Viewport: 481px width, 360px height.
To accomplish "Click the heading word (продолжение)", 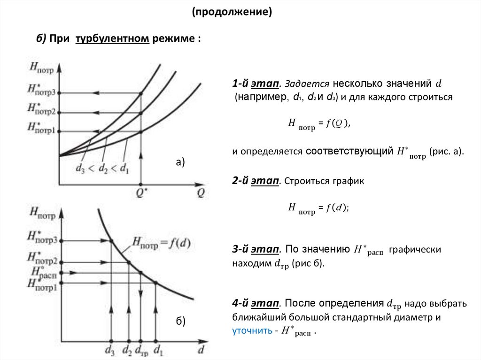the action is click(232, 11).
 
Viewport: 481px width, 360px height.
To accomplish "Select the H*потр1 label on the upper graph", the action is click(41, 128).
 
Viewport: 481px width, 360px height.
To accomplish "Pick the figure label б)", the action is click(181, 321).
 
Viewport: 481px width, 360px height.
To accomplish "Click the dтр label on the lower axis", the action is click(141, 350).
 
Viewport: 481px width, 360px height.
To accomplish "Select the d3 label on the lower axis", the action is click(111, 350).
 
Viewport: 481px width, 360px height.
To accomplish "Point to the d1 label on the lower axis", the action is click(158, 350).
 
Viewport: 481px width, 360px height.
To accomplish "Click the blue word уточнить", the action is click(252, 330).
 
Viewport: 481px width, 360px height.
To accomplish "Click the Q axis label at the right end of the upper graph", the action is click(201, 193).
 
